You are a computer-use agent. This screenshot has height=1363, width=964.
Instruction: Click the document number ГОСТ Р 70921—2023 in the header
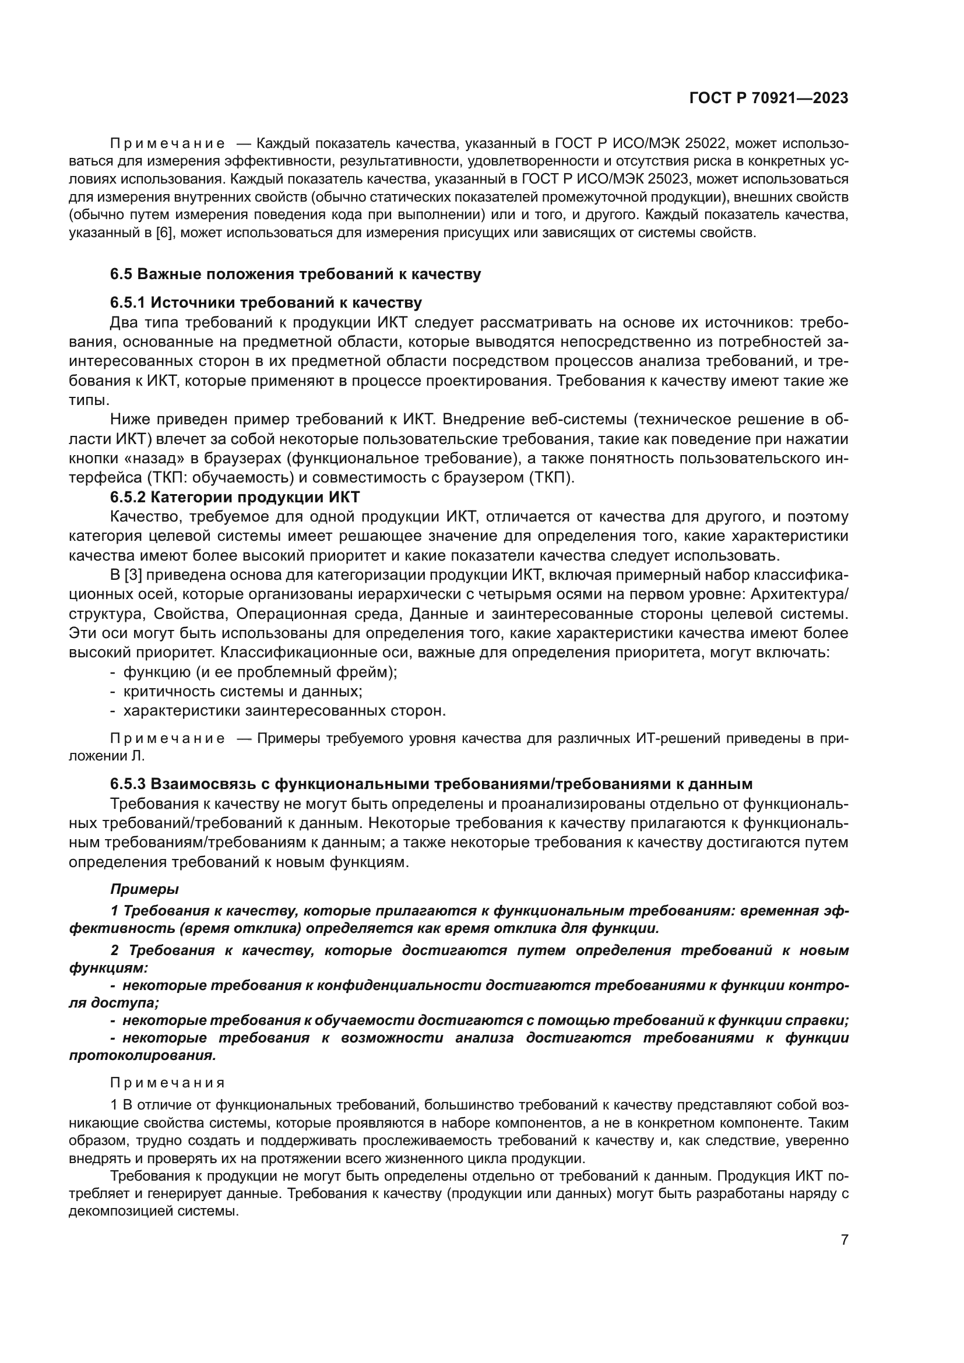point(768,98)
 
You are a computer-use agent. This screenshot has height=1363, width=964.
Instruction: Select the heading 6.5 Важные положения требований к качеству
point(295,274)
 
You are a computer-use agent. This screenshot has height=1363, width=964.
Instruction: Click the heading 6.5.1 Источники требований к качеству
point(265,303)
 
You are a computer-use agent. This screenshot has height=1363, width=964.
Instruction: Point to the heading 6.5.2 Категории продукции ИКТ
point(234,497)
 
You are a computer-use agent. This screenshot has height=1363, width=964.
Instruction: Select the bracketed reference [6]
point(164,233)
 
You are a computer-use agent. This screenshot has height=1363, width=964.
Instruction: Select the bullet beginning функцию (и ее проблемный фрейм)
point(260,672)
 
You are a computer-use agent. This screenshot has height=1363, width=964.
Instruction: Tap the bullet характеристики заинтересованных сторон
point(284,710)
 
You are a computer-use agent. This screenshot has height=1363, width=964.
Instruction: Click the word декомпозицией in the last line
point(121,1211)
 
